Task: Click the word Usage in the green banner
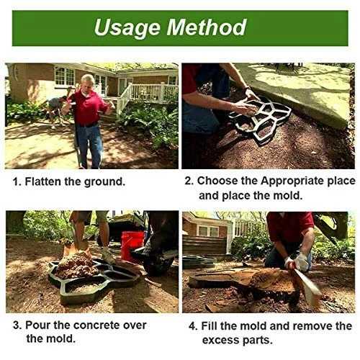point(127,28)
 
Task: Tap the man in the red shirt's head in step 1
point(88,81)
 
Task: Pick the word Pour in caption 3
point(37,325)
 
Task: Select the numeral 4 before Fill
point(192,325)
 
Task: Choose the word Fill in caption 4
point(210,325)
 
